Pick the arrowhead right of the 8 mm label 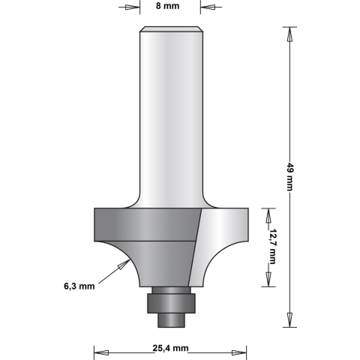coord(207,10)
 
